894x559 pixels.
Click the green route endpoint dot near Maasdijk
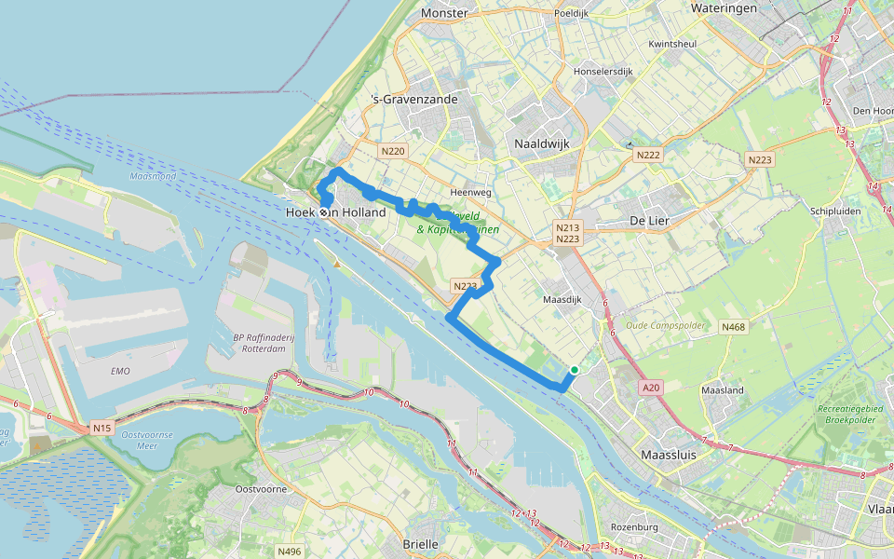(x=575, y=370)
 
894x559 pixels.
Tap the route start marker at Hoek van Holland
(x=325, y=212)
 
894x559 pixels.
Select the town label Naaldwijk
(x=541, y=143)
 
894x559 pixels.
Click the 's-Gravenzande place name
(x=410, y=100)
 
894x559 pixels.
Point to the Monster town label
(x=444, y=13)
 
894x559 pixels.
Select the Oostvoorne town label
(x=260, y=489)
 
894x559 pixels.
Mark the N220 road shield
(x=392, y=150)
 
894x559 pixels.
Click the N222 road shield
(x=649, y=155)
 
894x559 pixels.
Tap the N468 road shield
(x=733, y=327)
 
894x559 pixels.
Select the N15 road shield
(x=102, y=429)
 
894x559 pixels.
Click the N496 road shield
(x=290, y=551)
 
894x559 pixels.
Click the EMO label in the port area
(x=119, y=371)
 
